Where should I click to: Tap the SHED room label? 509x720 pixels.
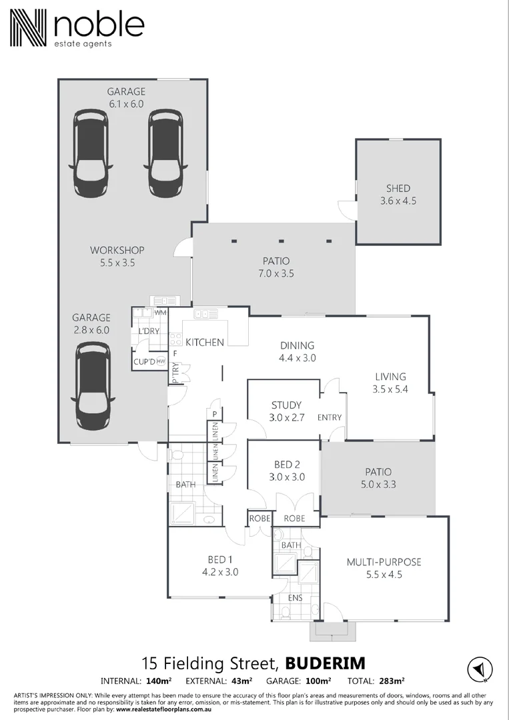(398, 189)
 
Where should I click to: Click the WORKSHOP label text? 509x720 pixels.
(117, 251)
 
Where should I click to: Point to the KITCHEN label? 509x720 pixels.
(204, 342)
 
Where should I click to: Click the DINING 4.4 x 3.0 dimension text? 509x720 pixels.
(297, 358)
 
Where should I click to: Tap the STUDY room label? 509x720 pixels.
(286, 405)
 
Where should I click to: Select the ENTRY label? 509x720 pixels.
(330, 418)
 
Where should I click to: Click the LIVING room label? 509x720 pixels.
(390, 377)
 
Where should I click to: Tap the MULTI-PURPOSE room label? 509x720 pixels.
(384, 562)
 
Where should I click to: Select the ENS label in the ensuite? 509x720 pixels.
(295, 598)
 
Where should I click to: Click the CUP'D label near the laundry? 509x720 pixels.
(143, 362)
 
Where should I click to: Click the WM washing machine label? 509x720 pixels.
(160, 312)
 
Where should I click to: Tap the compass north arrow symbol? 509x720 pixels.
(479, 669)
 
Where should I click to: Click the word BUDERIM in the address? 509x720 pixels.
(325, 663)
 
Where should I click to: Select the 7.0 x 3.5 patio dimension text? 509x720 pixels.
(277, 273)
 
